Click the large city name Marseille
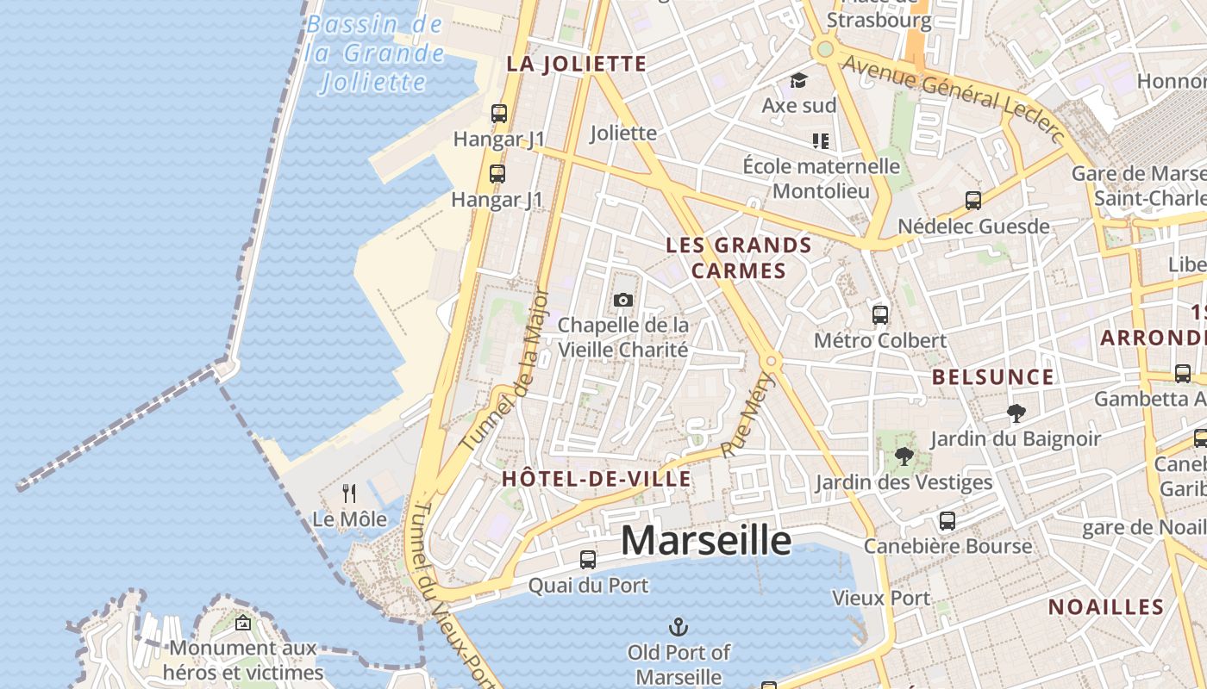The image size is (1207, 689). click(705, 541)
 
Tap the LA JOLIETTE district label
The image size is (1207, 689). click(576, 64)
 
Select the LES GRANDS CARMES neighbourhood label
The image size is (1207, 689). click(739, 258)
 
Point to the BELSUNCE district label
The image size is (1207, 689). click(992, 377)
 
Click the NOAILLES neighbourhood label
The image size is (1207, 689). click(1106, 607)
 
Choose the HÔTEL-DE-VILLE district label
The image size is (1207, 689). click(597, 480)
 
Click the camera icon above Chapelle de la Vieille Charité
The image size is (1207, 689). click(623, 300)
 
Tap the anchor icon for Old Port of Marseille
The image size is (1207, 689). click(679, 626)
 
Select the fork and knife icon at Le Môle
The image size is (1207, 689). click(349, 493)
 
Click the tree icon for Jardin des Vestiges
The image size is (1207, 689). click(904, 456)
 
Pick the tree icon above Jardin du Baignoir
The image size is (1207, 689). click(1016, 413)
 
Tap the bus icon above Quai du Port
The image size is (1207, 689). click(588, 559)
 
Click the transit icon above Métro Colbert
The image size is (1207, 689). click(880, 314)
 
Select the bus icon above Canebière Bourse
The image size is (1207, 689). click(947, 520)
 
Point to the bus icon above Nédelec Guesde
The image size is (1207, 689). click(973, 201)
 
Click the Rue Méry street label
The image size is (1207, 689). click(747, 415)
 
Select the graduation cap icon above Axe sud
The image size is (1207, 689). click(799, 80)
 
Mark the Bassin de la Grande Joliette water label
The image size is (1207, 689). click(375, 53)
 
